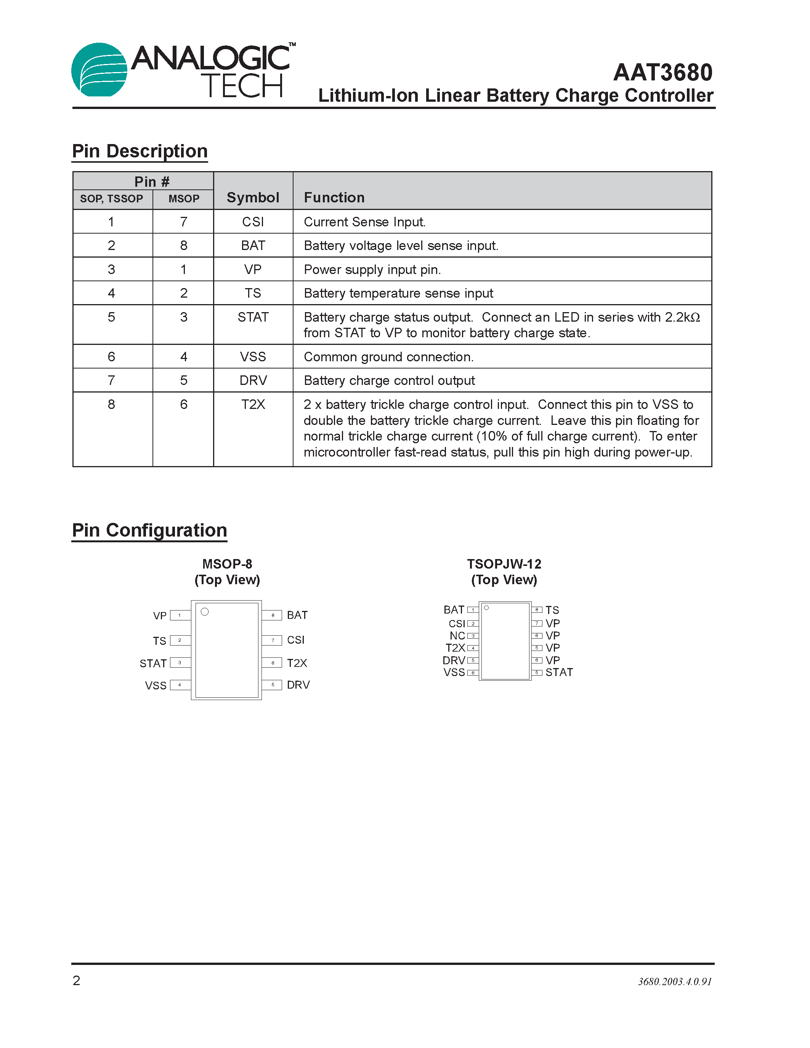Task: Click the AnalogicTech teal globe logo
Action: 99,70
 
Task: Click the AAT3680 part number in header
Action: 663,72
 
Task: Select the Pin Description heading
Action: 140,151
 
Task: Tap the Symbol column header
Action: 253,197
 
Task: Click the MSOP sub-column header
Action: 183,199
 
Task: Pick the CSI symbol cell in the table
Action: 253,222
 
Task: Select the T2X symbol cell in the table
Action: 253,404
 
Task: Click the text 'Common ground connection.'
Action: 389,357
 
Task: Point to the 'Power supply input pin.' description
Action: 372,270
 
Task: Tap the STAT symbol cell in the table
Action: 253,317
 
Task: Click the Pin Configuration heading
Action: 149,530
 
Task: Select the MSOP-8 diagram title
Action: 227,564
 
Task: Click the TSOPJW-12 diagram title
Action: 504,564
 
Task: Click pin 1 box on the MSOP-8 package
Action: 180,615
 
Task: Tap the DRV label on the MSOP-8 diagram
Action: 298,685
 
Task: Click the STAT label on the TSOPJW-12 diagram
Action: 559,672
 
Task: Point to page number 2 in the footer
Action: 76,980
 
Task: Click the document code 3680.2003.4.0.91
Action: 674,982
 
